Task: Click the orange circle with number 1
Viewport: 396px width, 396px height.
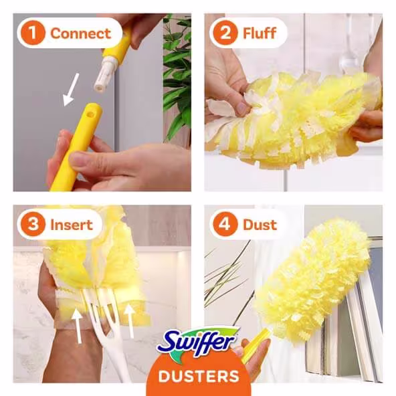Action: (x=32, y=32)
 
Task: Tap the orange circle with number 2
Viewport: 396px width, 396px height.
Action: (x=224, y=32)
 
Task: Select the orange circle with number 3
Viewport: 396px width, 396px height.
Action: (x=32, y=225)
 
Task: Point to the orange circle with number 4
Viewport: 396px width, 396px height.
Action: (x=224, y=225)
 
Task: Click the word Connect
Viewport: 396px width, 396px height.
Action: (x=80, y=32)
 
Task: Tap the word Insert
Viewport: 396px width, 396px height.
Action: (x=71, y=225)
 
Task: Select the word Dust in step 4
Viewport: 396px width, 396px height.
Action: (x=260, y=225)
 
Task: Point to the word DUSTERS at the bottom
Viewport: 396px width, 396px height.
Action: (x=199, y=375)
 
